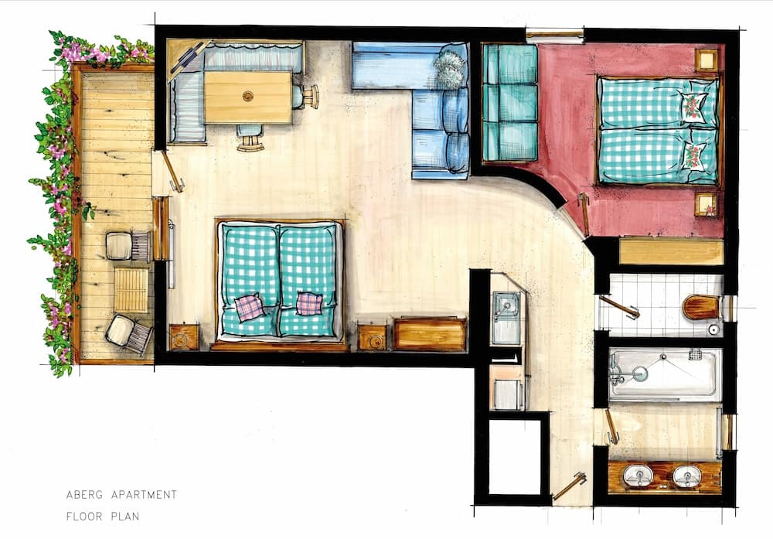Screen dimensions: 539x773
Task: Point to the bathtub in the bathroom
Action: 665,374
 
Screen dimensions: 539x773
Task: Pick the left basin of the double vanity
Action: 638,476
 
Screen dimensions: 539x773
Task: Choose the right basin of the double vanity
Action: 686,476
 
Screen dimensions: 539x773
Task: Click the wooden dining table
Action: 248,97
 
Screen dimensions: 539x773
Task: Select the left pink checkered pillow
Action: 249,308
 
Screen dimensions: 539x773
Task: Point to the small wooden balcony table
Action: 131,289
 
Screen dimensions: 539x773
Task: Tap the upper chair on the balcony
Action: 127,246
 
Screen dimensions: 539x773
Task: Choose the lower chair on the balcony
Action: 128,333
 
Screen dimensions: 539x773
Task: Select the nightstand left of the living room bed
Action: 184,337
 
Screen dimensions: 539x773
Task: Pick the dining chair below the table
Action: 250,138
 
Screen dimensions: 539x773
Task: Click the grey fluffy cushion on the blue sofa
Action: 449,69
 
